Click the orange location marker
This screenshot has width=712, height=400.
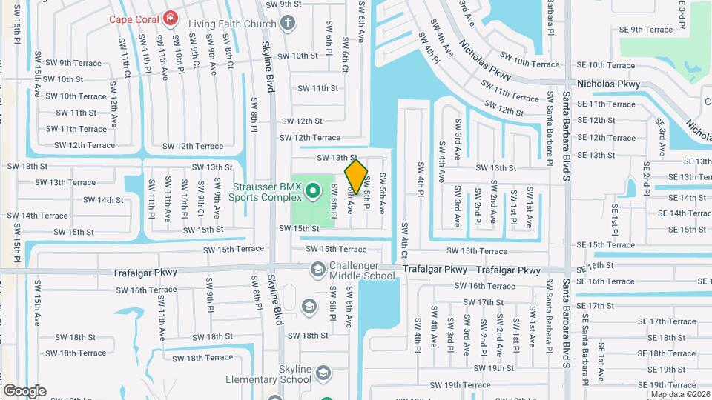(x=356, y=177)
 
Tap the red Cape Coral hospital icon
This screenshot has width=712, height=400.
(x=172, y=17)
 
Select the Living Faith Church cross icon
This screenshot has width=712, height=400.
(x=287, y=23)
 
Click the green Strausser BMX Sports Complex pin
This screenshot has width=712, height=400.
(x=313, y=192)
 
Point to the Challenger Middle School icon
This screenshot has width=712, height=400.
(x=317, y=268)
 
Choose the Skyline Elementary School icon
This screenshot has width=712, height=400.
(x=323, y=372)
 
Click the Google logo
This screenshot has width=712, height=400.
(x=24, y=390)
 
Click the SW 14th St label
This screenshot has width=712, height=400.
(x=103, y=200)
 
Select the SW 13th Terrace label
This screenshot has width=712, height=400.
(x=65, y=182)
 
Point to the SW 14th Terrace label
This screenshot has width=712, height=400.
(x=38, y=216)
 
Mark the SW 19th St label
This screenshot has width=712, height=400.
(x=494, y=368)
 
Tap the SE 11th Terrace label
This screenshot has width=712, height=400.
(x=606, y=104)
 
